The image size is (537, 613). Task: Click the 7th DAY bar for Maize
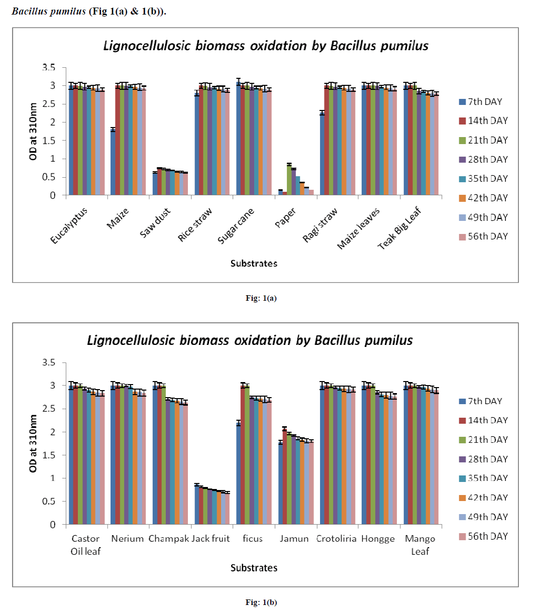click(x=113, y=162)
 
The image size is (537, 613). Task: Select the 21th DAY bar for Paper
click(x=289, y=180)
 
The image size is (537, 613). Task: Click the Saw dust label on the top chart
click(x=155, y=223)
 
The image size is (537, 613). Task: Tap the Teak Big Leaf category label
click(x=399, y=228)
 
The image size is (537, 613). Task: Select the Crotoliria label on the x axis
click(x=336, y=539)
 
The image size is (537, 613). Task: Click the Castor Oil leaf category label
click(x=85, y=545)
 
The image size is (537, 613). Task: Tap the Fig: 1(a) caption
click(x=261, y=298)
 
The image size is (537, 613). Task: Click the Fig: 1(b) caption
click(x=261, y=602)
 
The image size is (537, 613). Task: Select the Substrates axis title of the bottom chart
click(x=254, y=568)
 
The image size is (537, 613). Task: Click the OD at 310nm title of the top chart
click(x=34, y=132)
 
